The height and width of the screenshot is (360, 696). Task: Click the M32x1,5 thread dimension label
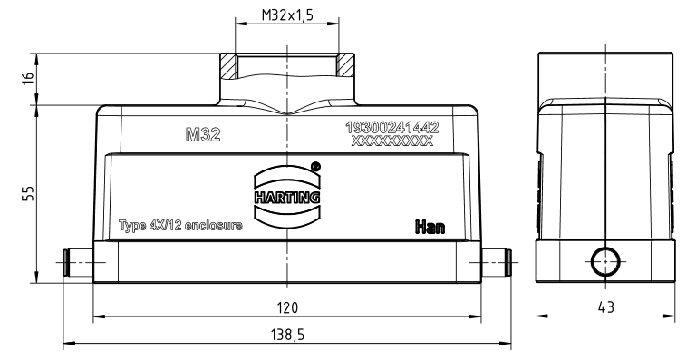[287, 15]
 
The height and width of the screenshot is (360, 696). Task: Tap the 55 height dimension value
[28, 193]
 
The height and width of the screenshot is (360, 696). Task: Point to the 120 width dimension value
[287, 307]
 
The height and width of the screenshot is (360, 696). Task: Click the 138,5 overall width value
[287, 335]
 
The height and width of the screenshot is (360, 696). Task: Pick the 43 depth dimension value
[606, 306]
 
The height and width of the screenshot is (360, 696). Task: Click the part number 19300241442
[392, 127]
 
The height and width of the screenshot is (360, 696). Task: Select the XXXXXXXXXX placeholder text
[391, 141]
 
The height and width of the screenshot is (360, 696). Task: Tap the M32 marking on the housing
[203, 134]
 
